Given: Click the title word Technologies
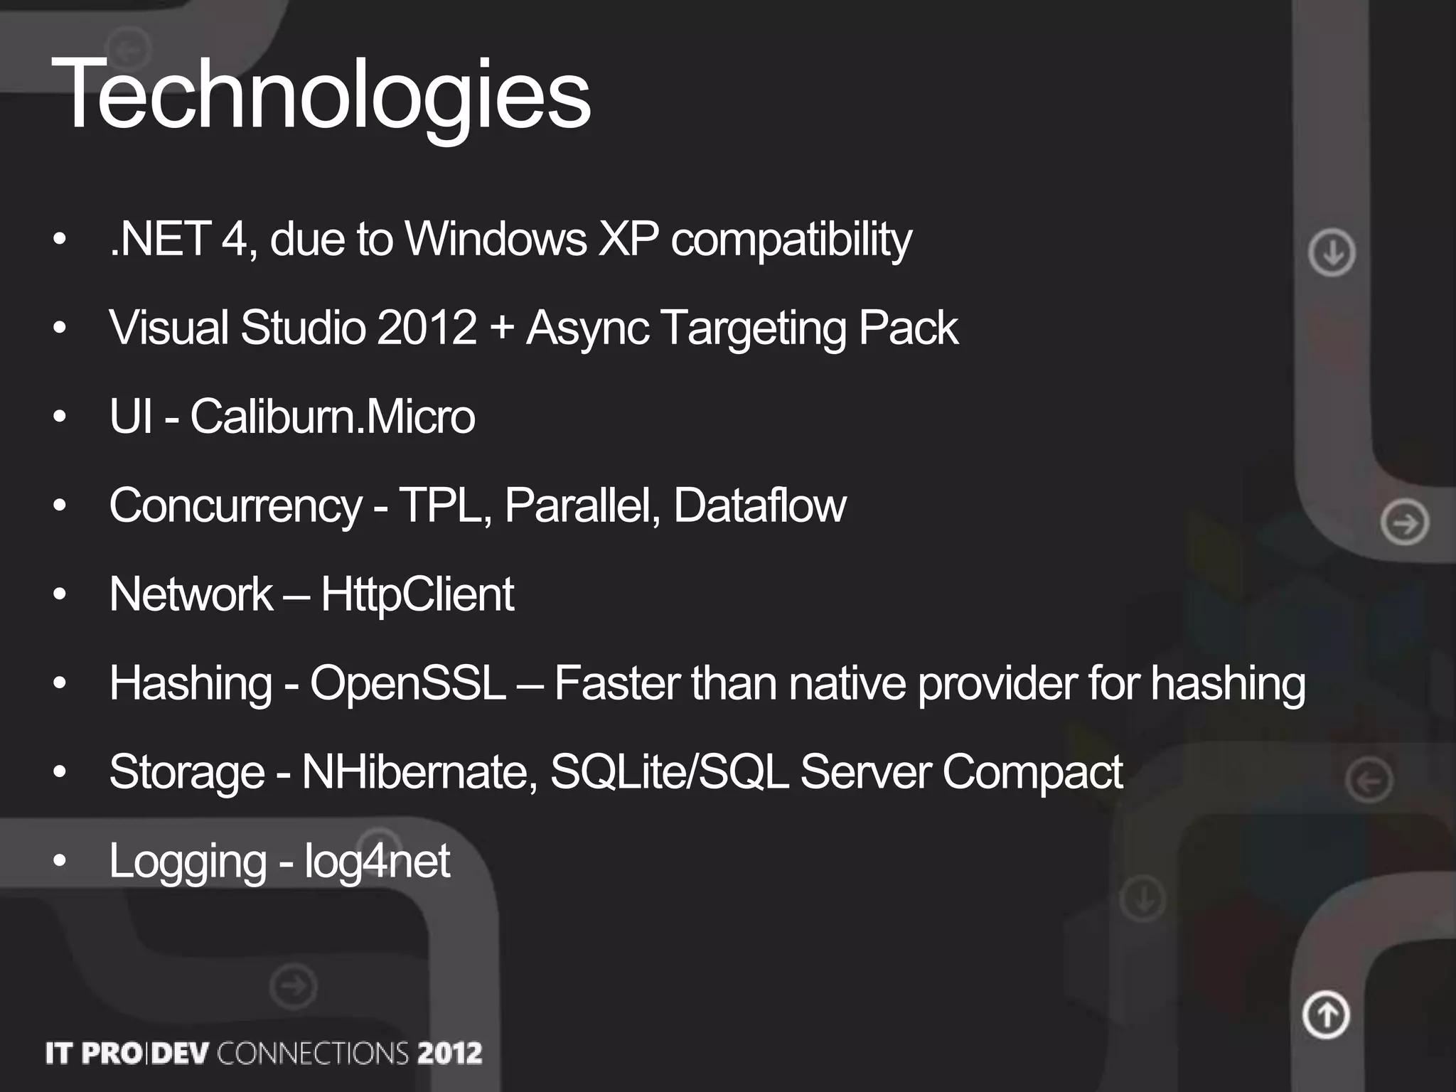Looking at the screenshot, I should (321, 95).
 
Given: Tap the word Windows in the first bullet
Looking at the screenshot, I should (496, 239).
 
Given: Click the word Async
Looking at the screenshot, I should (587, 328).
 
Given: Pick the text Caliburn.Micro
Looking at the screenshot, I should (332, 417).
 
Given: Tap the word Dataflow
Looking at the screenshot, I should (759, 505).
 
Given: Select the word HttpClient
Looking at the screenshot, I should (417, 594).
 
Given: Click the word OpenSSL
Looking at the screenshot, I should (407, 683).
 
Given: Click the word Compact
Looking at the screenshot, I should (1032, 772).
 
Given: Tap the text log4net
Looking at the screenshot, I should (377, 861).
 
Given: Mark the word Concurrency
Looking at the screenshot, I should (235, 506).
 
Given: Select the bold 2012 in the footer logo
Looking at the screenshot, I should (449, 1053).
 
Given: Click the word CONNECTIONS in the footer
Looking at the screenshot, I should (312, 1053).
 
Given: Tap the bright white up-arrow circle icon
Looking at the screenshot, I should (1326, 1015).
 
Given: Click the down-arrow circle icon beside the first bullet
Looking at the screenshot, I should (1332, 252).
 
